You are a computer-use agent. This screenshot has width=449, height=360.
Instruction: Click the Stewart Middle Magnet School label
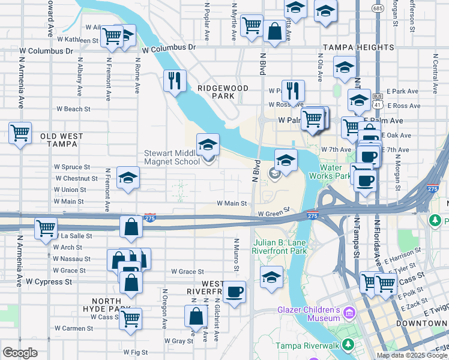pos(172,157)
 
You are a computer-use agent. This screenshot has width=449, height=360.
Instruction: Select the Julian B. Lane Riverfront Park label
pos(279,247)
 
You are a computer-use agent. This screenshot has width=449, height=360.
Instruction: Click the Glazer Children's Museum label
pos(309,314)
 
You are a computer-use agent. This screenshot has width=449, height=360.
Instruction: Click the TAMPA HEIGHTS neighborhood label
pos(359,47)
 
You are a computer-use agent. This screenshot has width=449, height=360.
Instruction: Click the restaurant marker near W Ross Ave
pos(293,91)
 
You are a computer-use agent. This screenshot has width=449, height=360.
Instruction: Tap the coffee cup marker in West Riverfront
pos(234,292)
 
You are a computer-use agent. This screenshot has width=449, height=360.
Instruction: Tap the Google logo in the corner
pos(20,353)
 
